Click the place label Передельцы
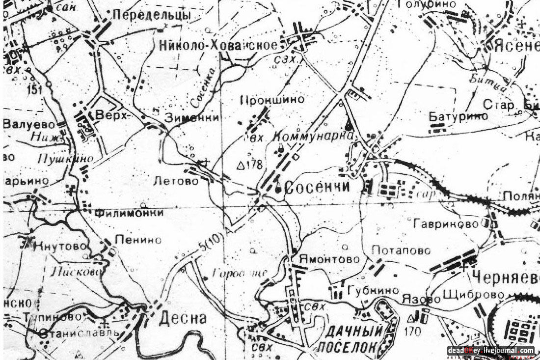(x=151, y=15)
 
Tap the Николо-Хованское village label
(x=218, y=46)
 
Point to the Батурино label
(x=458, y=116)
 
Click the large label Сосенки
(x=317, y=188)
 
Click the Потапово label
(x=401, y=251)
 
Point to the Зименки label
(x=191, y=118)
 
